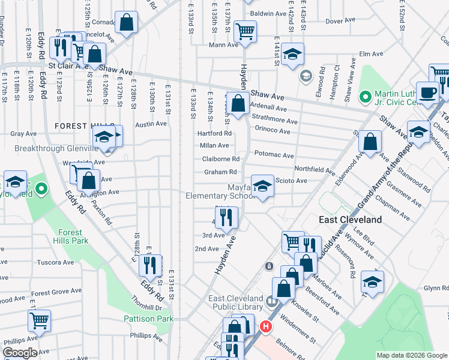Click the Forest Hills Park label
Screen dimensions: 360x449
coord(73,236)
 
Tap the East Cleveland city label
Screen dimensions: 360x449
coord(350,220)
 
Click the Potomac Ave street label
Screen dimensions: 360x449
coord(274,155)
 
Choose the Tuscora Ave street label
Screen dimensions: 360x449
coord(55,262)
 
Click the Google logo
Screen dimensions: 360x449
coord(20,353)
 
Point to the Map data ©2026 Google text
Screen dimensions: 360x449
coord(411,355)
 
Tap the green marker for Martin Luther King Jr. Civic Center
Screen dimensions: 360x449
coord(364,96)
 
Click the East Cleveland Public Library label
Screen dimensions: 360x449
coord(235,304)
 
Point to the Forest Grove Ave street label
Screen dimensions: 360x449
coord(56,293)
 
